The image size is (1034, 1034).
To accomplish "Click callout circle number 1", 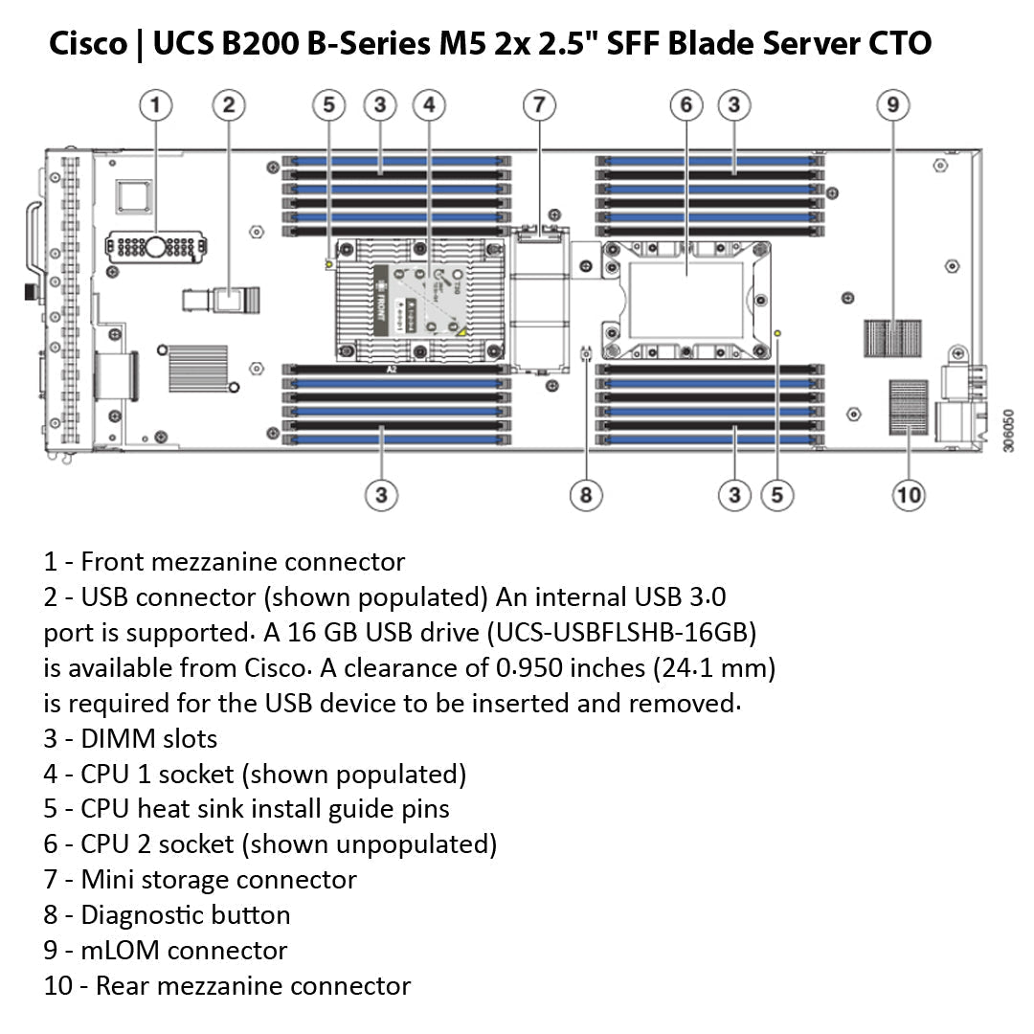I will click(156, 104).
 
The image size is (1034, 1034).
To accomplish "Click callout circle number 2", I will click(228, 104).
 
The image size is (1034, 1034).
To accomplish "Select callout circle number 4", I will click(429, 104).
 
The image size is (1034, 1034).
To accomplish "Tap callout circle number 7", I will click(539, 104).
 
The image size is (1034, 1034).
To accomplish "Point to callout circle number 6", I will click(686, 104).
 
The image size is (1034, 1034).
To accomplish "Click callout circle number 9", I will click(892, 104).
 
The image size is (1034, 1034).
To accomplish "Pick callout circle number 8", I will click(586, 495).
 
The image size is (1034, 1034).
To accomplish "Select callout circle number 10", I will click(908, 495).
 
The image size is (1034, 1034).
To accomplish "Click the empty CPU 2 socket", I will click(686, 299).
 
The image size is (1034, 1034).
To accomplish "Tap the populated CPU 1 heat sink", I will click(418, 300).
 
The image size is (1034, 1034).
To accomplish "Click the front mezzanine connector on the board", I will click(156, 247).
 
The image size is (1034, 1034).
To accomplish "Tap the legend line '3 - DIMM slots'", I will click(130, 739).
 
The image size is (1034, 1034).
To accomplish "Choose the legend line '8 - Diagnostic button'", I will click(167, 915).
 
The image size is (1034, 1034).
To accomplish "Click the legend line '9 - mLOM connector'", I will click(165, 951).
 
